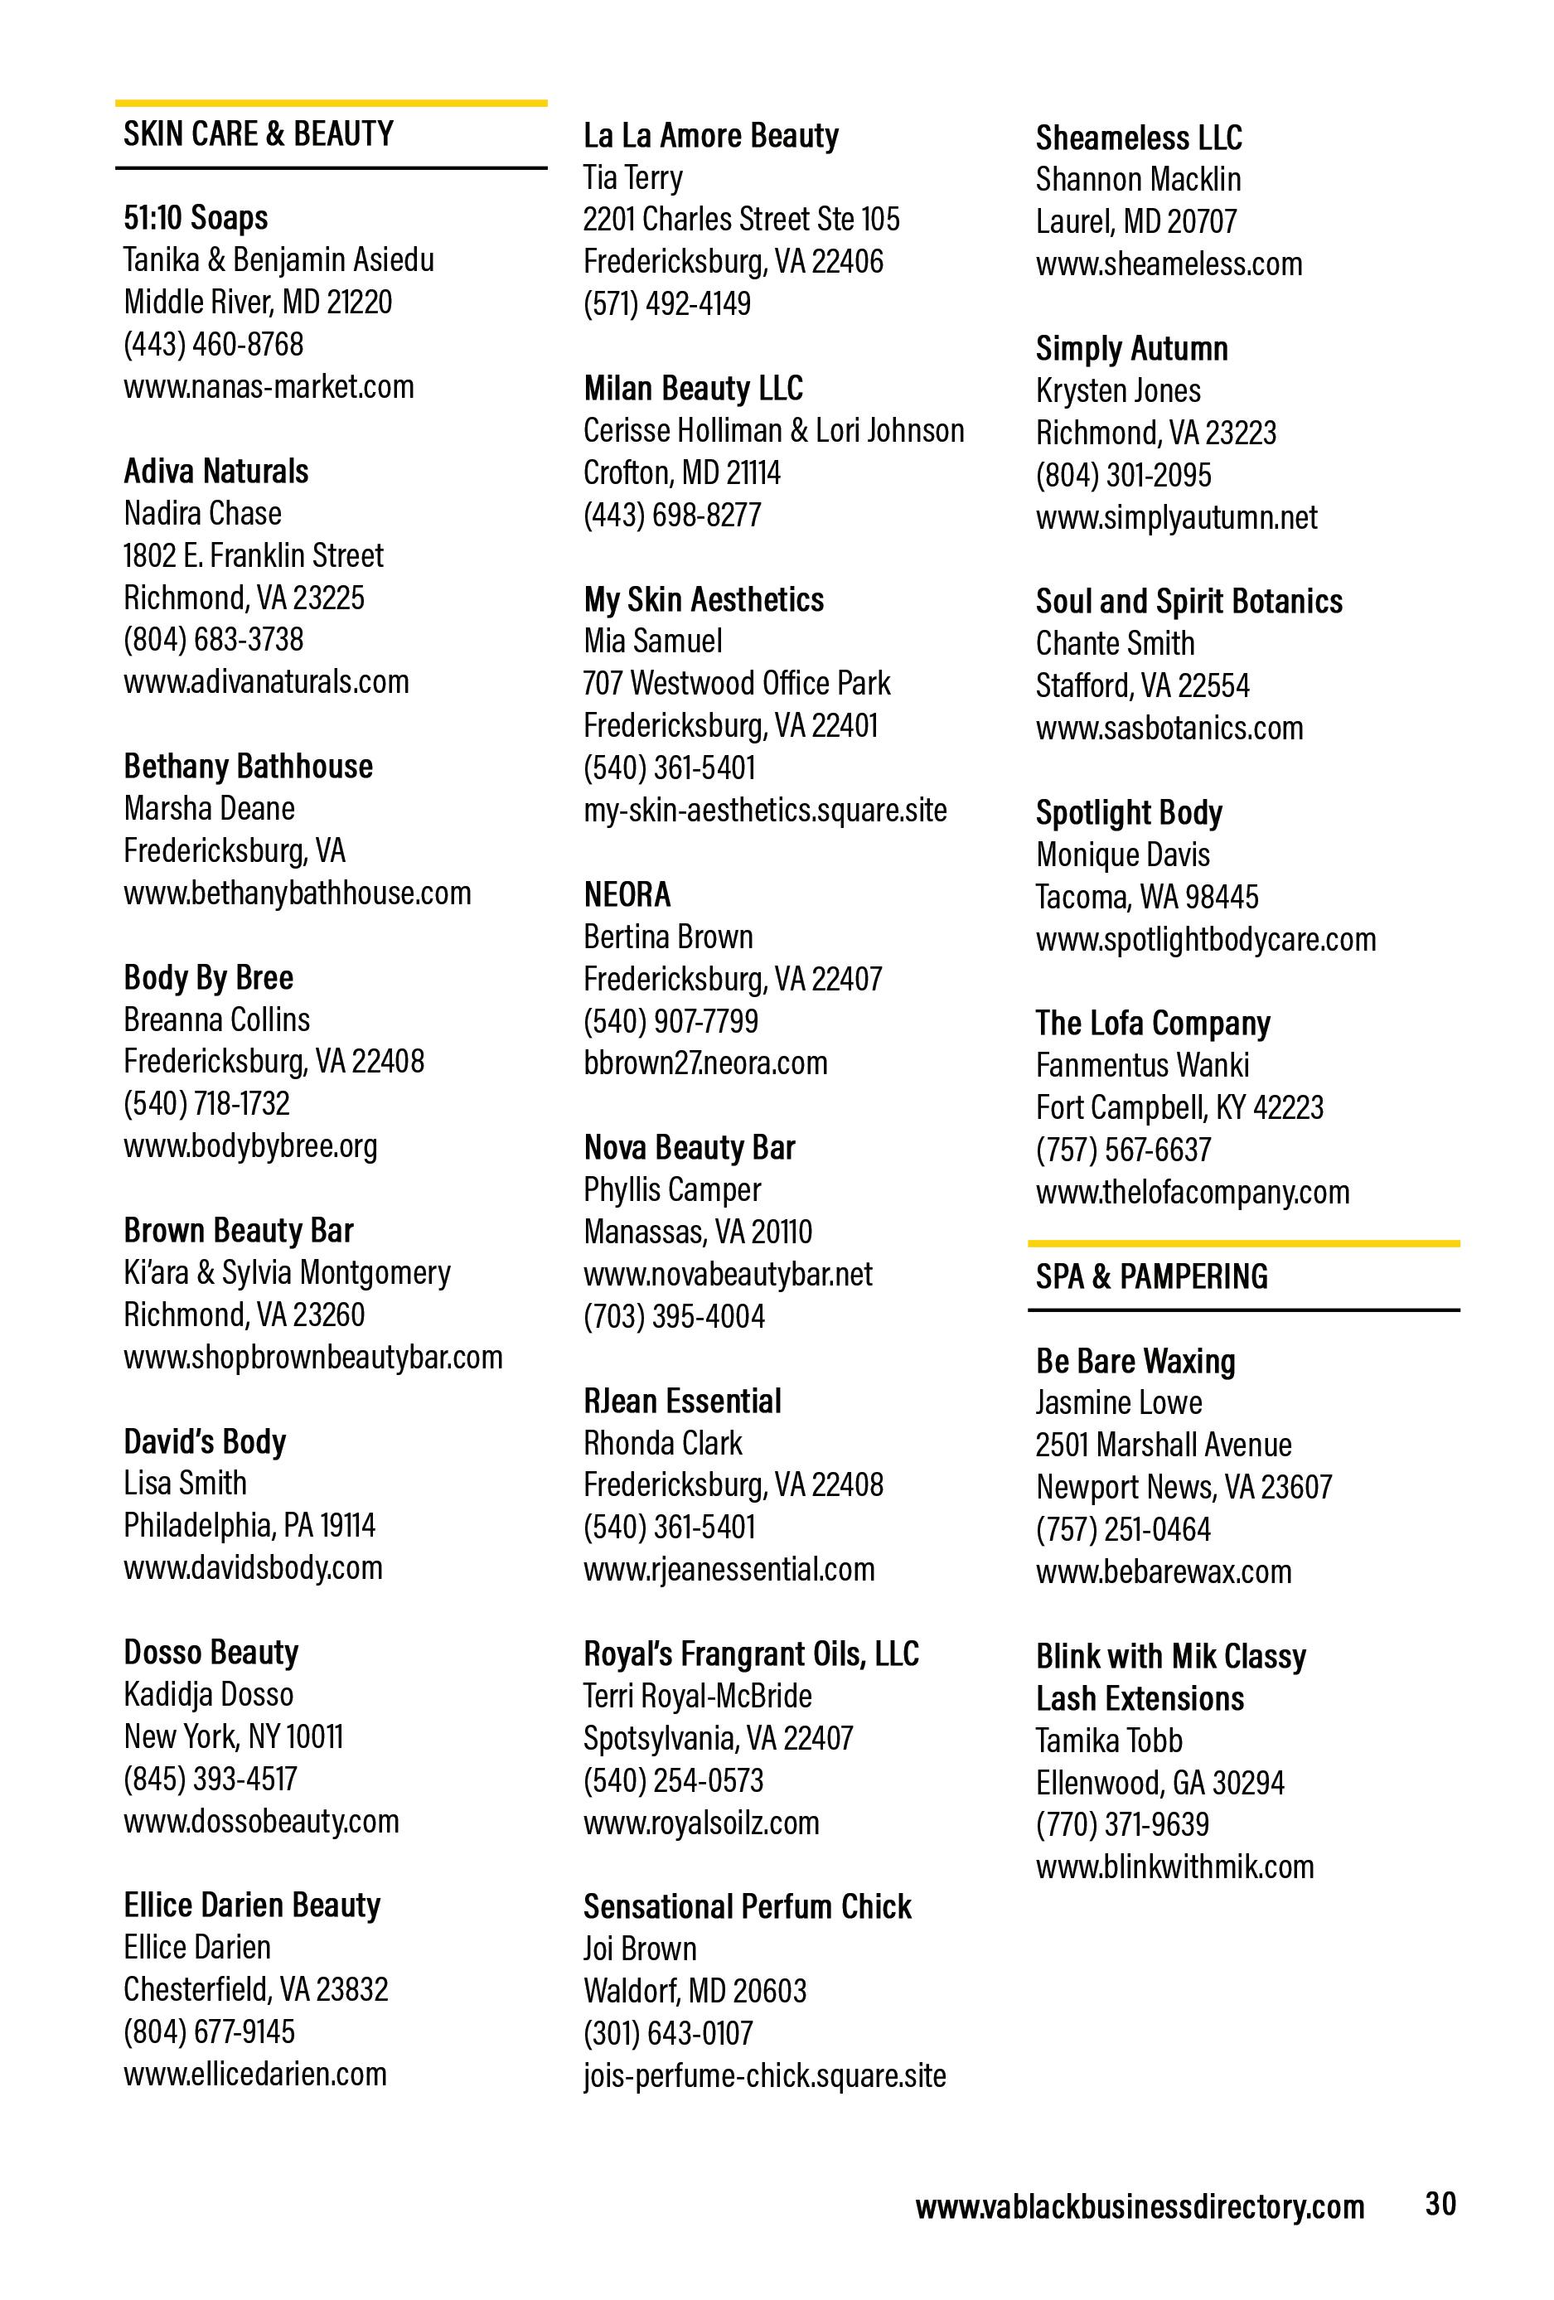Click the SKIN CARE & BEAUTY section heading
pyautogui.click(x=259, y=133)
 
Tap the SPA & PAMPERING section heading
pyautogui.click(x=1151, y=1276)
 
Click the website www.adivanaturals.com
pyautogui.click(x=266, y=682)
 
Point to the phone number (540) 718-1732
pyautogui.click(x=207, y=1103)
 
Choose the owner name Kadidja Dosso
pyautogui.click(x=209, y=1694)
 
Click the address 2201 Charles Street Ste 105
pyautogui.click(x=742, y=219)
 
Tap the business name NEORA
pyautogui.click(x=627, y=894)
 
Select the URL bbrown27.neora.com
pyautogui.click(x=704, y=1063)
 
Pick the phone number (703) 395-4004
pyautogui.click(x=674, y=1316)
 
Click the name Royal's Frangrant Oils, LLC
pyautogui.click(x=751, y=1654)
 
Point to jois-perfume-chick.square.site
pyautogui.click(x=764, y=2075)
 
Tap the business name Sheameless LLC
pyautogui.click(x=1138, y=138)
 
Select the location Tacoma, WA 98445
pyautogui.click(x=1147, y=897)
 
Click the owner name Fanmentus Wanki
pyautogui.click(x=1142, y=1065)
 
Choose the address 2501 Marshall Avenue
pyautogui.click(x=1163, y=1445)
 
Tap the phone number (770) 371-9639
pyautogui.click(x=1122, y=1824)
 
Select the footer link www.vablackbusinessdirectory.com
pyautogui.click(x=1140, y=2207)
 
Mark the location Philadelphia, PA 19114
pyautogui.click(x=249, y=1525)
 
